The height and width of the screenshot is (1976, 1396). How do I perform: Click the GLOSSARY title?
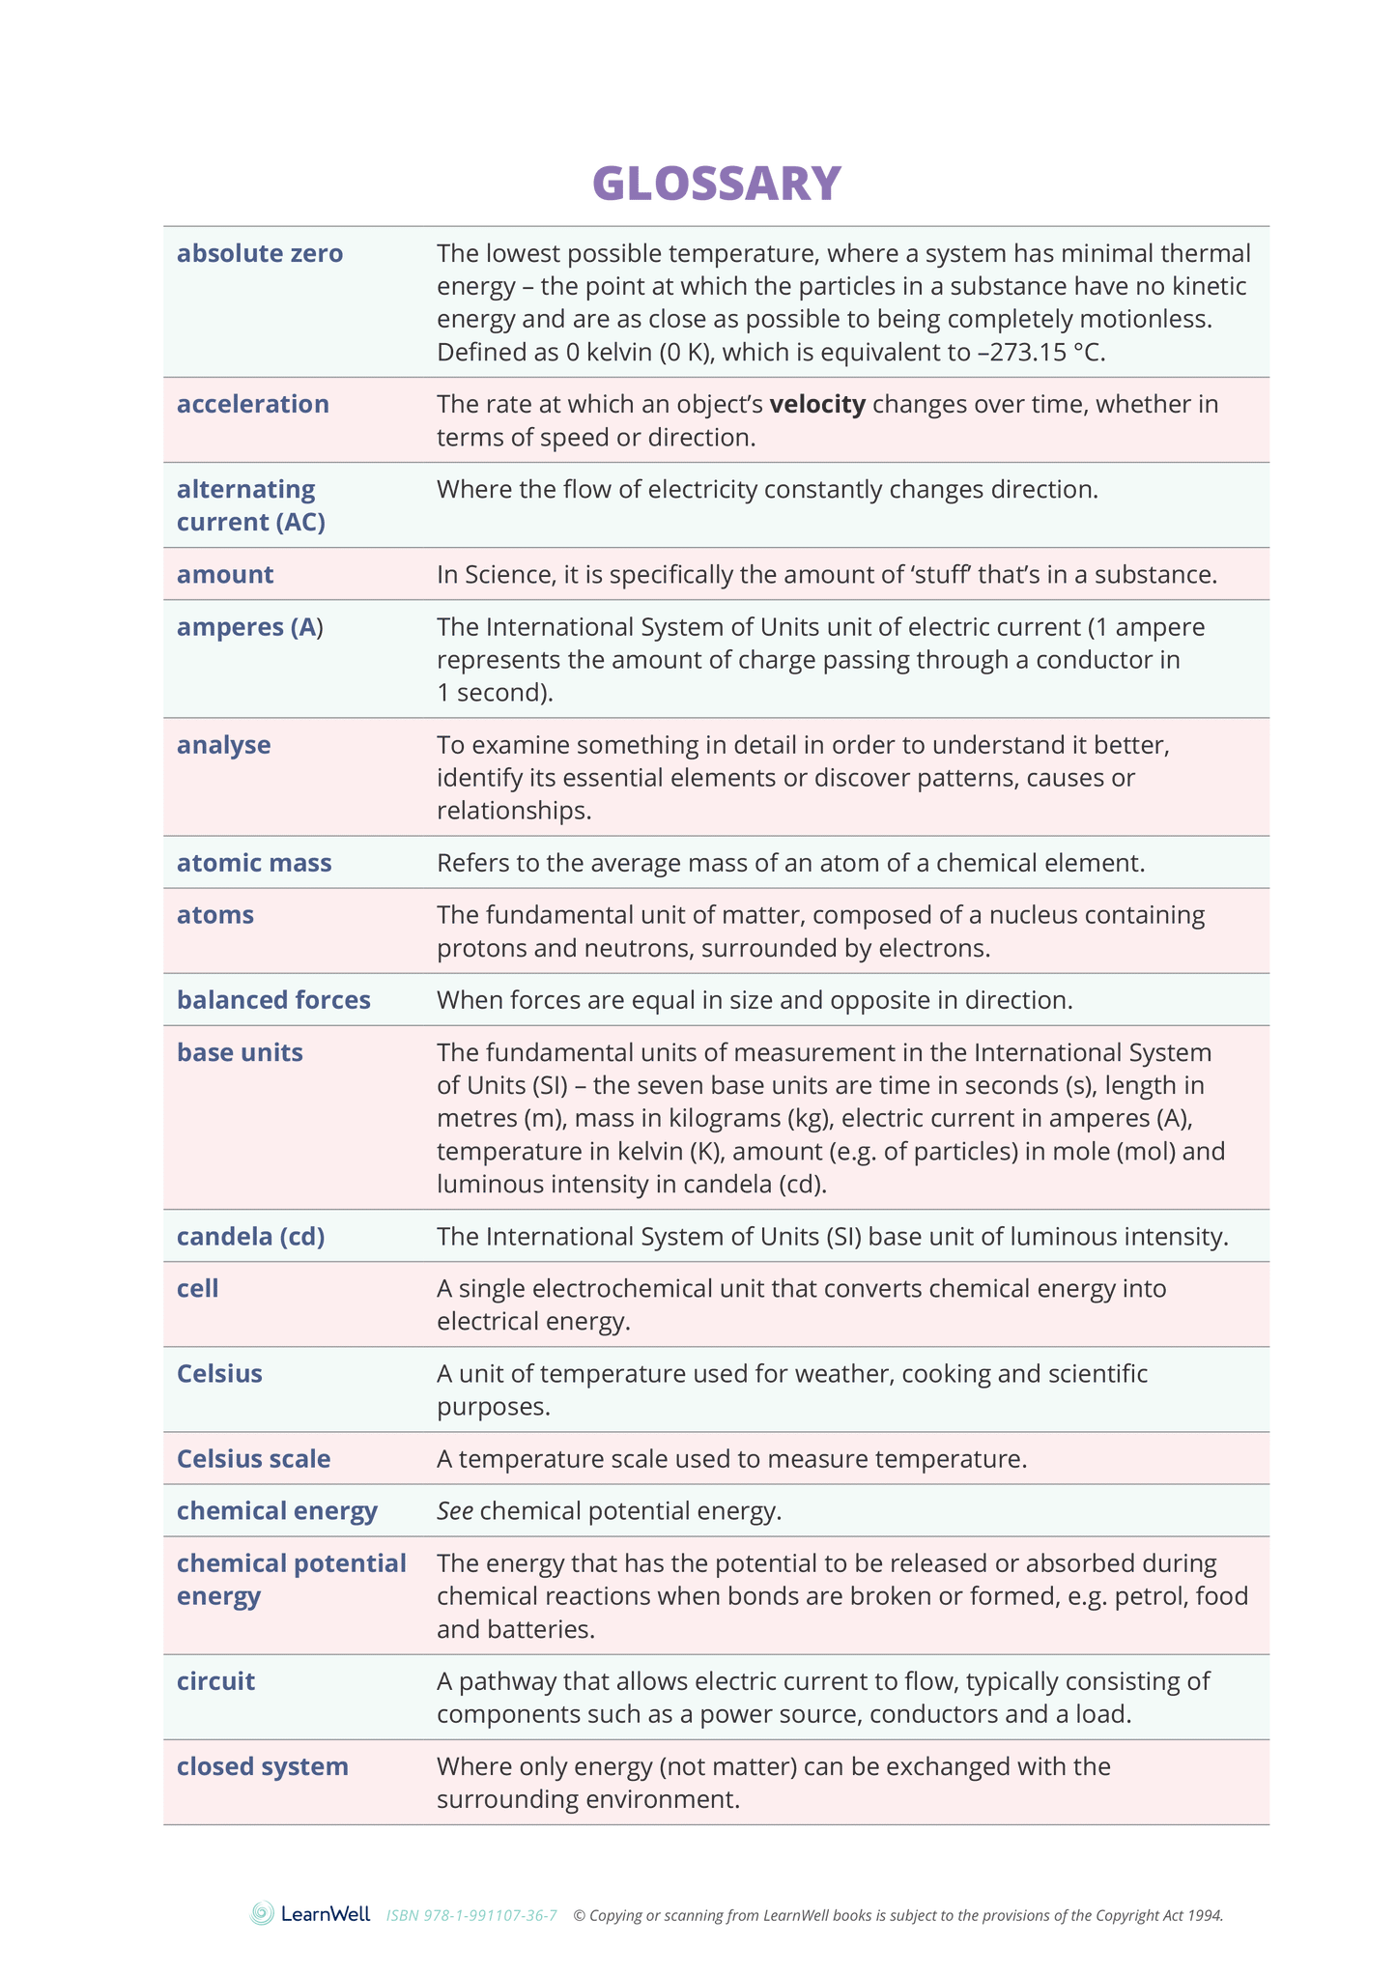[716, 184]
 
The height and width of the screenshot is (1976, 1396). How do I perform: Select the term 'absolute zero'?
[259, 254]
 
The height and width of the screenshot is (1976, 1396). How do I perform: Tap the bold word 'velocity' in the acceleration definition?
[817, 404]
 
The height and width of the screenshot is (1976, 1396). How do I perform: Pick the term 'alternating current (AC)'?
[250, 505]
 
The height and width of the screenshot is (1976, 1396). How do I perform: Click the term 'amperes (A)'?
[249, 627]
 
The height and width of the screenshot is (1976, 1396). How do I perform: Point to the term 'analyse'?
[223, 745]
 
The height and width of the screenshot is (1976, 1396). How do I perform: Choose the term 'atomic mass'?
[254, 863]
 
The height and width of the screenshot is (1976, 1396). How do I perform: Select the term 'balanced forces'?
[273, 1000]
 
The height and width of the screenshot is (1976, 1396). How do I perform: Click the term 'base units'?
[240, 1052]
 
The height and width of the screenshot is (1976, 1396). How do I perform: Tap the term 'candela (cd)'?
[250, 1237]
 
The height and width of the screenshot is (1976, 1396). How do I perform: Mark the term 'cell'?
[197, 1289]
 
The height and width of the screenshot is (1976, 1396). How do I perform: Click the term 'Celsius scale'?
[253, 1459]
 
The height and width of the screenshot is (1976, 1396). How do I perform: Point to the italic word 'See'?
[454, 1511]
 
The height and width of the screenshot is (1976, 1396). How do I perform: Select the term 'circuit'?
[215, 1681]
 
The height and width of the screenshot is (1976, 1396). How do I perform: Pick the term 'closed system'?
[262, 1766]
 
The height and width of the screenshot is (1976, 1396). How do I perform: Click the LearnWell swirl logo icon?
[262, 1914]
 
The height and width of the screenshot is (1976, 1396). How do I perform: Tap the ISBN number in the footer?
[471, 1915]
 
